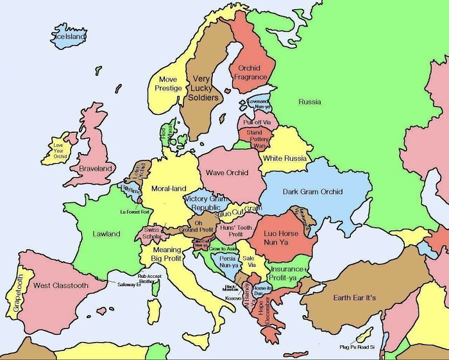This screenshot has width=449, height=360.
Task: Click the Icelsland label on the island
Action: [x=71, y=37]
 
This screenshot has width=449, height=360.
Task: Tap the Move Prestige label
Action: [x=164, y=84]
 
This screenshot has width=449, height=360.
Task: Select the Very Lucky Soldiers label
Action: [x=202, y=89]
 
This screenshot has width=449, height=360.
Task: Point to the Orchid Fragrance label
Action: [x=250, y=73]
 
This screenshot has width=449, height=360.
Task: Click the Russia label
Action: [x=310, y=101]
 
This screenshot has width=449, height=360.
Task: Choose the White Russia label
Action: [x=285, y=159]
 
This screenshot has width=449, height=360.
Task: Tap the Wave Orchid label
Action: [x=227, y=173]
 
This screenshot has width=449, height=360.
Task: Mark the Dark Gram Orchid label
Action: [x=313, y=191]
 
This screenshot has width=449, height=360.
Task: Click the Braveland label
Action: [x=96, y=168]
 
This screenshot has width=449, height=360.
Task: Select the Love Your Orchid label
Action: [x=60, y=150]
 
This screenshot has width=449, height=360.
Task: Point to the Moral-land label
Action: [x=168, y=189]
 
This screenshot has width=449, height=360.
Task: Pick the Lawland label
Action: [x=106, y=234]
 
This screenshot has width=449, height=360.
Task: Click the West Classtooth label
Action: [x=61, y=285]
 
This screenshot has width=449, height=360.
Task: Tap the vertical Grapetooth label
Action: [x=18, y=294]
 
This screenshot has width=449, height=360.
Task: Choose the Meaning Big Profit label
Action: [x=166, y=254]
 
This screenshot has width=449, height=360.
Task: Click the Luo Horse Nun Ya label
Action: [x=281, y=238]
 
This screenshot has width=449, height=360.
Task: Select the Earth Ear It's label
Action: [x=355, y=298]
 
